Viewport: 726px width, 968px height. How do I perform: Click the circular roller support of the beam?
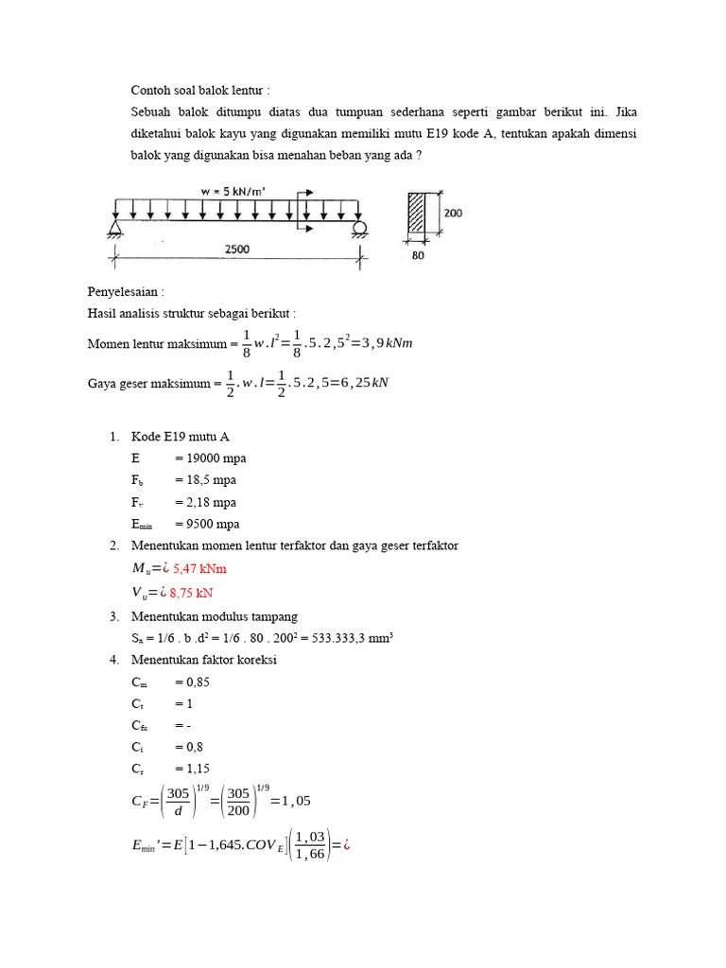tap(359, 229)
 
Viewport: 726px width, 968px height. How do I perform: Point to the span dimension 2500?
tap(236, 248)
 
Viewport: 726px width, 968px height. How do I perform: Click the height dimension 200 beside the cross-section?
tap(453, 214)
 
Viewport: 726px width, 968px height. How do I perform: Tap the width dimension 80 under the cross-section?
tap(418, 253)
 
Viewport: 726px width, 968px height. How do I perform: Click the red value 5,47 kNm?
tap(199, 569)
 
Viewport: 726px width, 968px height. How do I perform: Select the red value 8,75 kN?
tap(192, 593)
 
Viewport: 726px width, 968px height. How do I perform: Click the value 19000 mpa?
tap(210, 458)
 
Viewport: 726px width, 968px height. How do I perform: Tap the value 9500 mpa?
tap(207, 524)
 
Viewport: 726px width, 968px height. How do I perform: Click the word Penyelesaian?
tap(119, 293)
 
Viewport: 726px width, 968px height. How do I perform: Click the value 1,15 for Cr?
tap(191, 769)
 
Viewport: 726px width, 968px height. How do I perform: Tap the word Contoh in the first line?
tap(151, 91)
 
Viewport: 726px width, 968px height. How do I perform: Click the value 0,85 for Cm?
tap(192, 682)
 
